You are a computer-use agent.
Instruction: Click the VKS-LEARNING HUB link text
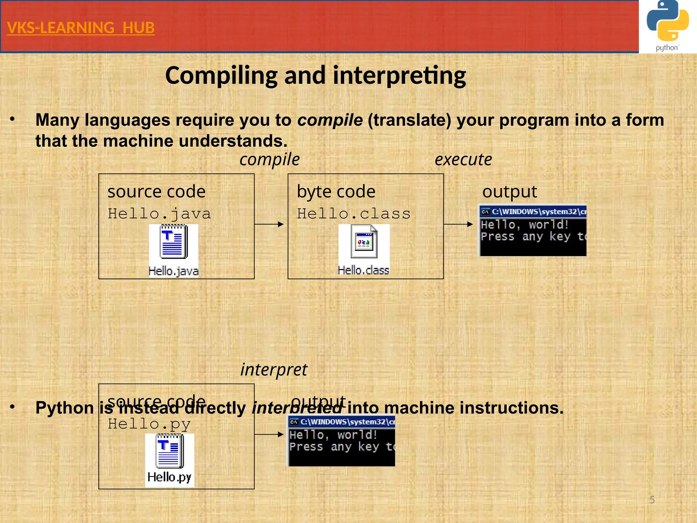[81, 28]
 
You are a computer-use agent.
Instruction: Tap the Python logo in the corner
[667, 26]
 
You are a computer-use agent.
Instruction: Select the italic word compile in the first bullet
[330, 120]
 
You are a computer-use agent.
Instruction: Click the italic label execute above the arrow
[463, 160]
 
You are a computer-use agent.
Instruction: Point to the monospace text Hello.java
[159, 214]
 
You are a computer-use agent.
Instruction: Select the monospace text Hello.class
[354, 214]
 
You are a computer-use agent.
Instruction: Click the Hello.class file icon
[364, 242]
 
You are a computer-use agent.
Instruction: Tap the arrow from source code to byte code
[269, 224]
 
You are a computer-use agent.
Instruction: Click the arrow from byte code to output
[458, 224]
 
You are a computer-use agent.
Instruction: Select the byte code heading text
[336, 192]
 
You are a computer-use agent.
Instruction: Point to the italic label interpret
[274, 370]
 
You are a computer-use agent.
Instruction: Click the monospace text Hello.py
[149, 424]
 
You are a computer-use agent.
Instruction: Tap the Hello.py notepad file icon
[169, 451]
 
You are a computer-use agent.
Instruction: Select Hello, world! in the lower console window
[333, 435]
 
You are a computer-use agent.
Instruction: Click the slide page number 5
[652, 500]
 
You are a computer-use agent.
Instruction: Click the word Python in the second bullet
[65, 408]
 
